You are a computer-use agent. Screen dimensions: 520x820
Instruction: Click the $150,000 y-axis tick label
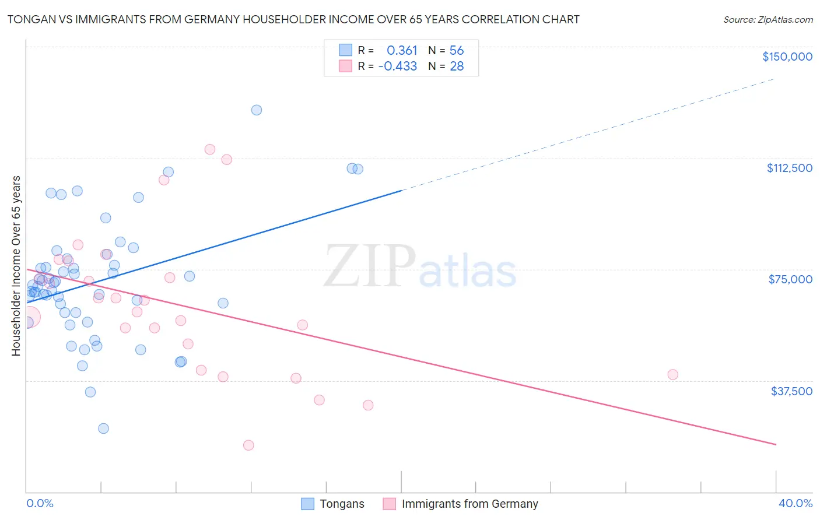(787, 57)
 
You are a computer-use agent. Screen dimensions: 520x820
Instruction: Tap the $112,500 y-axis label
(789, 168)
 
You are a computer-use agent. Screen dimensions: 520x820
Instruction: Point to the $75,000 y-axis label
(790, 279)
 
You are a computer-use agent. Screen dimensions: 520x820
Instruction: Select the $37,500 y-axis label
(791, 391)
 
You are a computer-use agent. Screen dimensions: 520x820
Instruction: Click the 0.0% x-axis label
(40, 503)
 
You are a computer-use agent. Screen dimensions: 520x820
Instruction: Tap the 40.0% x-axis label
(795, 503)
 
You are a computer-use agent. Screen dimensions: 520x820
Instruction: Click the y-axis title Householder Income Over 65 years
(16, 266)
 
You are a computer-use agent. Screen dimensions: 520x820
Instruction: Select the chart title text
(293, 19)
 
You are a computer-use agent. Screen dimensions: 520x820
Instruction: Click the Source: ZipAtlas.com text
(768, 19)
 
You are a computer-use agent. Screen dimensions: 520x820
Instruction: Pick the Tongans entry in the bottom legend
(342, 504)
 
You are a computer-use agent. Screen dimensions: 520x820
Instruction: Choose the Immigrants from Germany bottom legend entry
(469, 504)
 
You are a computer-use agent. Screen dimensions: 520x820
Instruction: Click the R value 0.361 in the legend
(402, 51)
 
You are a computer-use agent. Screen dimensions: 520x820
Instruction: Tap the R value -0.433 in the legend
(398, 66)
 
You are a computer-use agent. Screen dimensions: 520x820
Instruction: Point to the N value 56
(456, 51)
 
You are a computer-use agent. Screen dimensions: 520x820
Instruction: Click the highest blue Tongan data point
(257, 110)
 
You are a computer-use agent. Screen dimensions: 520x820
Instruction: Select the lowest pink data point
(248, 445)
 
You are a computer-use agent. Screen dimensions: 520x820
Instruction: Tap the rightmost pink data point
(672, 375)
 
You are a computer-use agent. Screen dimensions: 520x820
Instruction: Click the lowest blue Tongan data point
(103, 428)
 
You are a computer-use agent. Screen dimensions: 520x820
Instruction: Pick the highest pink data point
(210, 149)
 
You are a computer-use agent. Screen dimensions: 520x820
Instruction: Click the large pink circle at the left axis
(28, 318)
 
